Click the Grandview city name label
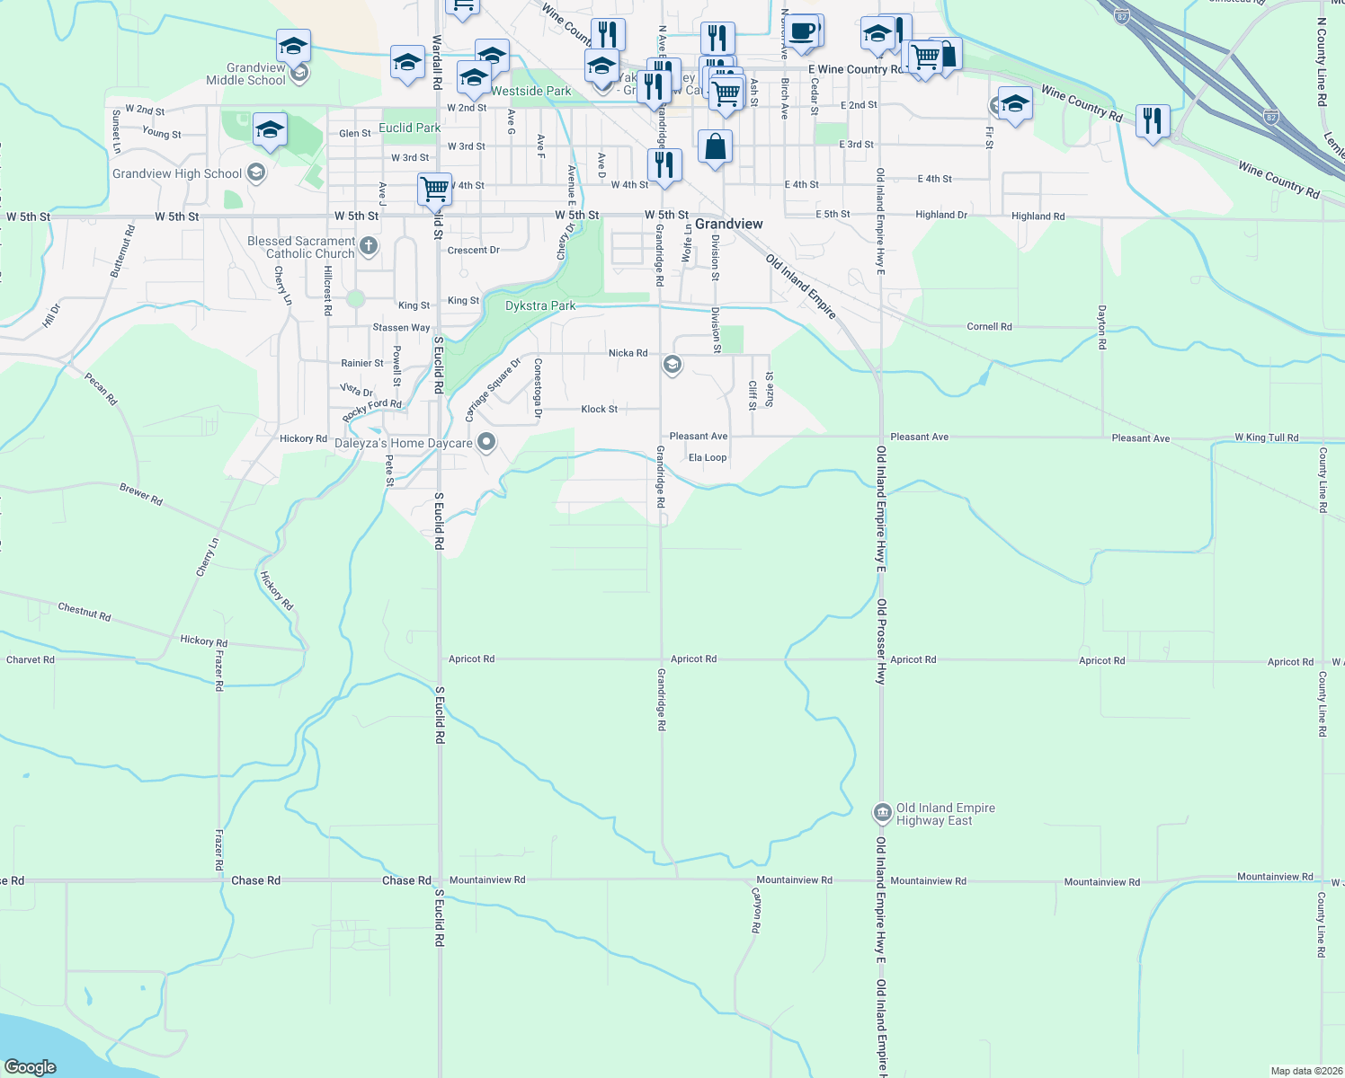728,224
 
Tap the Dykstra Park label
540,305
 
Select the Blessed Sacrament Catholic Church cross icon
368,245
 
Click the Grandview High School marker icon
256,172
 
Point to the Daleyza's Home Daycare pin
486,442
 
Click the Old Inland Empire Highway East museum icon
882,813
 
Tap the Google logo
31,1066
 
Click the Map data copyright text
1305,1071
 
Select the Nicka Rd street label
628,353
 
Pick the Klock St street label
599,409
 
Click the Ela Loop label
708,457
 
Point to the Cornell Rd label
989,326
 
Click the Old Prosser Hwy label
882,641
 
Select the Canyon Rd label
756,910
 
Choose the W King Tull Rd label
1266,437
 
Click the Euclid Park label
410,128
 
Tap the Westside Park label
531,91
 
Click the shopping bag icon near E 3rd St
715,146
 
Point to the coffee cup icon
802,31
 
